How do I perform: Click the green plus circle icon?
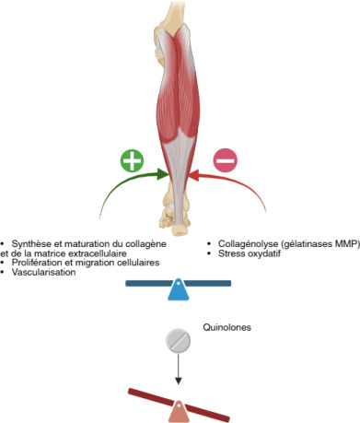(x=132, y=160)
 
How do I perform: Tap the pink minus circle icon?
(x=226, y=160)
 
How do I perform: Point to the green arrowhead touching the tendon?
(x=163, y=174)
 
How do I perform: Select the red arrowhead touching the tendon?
(x=193, y=175)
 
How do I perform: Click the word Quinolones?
(x=226, y=327)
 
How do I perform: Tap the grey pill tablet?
(x=178, y=340)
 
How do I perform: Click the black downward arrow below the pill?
(x=178, y=369)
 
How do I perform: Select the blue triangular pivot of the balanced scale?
(x=179, y=289)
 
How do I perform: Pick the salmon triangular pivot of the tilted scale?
(x=179, y=411)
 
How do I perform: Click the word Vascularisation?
(x=43, y=272)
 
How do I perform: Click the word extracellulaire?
(x=99, y=253)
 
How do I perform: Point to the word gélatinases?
(x=308, y=244)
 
